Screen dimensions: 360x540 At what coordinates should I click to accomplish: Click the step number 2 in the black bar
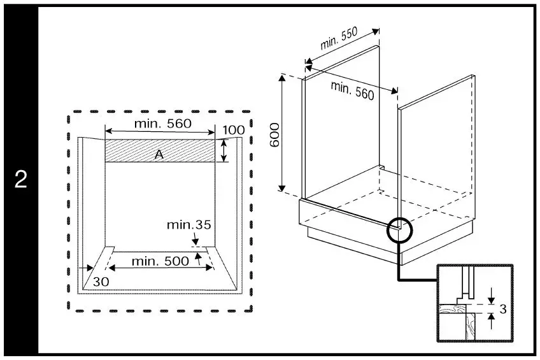[21, 180]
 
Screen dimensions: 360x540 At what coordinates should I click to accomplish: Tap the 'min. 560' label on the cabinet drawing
[352, 90]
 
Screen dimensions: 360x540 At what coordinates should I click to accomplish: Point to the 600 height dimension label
[275, 135]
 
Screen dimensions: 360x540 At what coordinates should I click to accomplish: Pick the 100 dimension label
[234, 131]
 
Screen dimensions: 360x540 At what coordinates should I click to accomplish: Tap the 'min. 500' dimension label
[160, 261]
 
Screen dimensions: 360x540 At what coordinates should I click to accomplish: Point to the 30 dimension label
[101, 281]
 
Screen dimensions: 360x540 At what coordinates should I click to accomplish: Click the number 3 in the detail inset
[502, 310]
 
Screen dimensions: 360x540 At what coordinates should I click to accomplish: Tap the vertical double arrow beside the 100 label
[224, 150]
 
